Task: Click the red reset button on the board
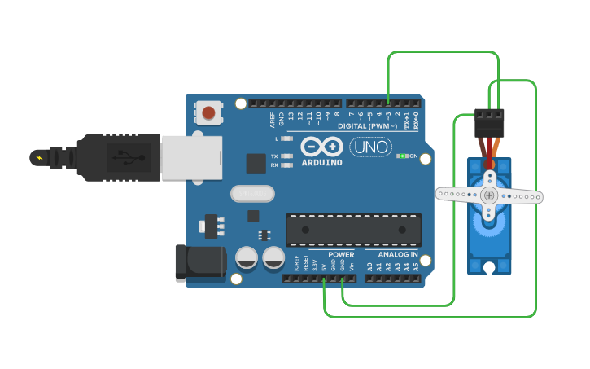click(x=209, y=112)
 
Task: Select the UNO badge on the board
click(x=370, y=147)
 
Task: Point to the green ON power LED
click(x=401, y=156)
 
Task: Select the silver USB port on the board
click(x=191, y=157)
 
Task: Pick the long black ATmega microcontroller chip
click(x=353, y=230)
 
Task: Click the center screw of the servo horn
click(x=489, y=195)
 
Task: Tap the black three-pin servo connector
click(x=489, y=123)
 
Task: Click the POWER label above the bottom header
click(x=341, y=254)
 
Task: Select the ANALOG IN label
click(x=397, y=254)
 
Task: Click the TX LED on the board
click(x=286, y=156)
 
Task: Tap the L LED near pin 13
click(x=286, y=139)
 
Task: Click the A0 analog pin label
click(x=369, y=266)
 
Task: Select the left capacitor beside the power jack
click(x=247, y=259)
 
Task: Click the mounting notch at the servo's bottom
click(x=489, y=267)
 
